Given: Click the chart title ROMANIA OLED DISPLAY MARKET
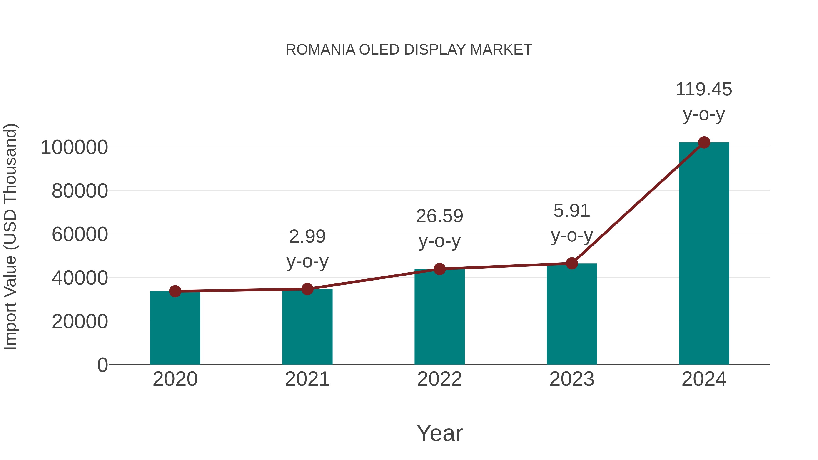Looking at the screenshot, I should point(409,50).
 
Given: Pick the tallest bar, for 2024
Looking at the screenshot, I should point(704,254).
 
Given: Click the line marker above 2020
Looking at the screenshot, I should point(175,291).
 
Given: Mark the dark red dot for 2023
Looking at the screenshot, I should point(572,263).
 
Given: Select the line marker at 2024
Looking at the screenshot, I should point(704,142).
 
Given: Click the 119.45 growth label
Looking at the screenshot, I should point(704,90).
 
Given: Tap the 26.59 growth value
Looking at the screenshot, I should point(439,216).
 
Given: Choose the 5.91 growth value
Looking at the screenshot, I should point(572,211).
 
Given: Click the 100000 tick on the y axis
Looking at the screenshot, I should point(74,148).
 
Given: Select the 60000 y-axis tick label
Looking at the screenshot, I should point(80,235).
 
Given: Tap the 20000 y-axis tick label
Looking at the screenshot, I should point(80,322).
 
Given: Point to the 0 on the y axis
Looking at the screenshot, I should point(102,365).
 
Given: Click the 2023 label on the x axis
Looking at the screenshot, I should point(572,379).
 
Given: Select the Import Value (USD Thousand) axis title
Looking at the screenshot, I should point(10,236).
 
